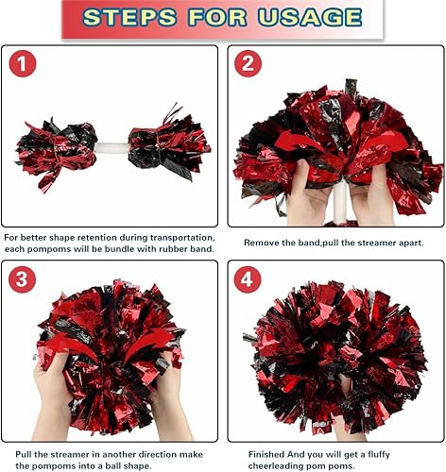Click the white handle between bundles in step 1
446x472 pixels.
[111, 148]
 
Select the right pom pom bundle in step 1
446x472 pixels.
[170, 144]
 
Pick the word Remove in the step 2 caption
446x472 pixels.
[262, 243]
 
